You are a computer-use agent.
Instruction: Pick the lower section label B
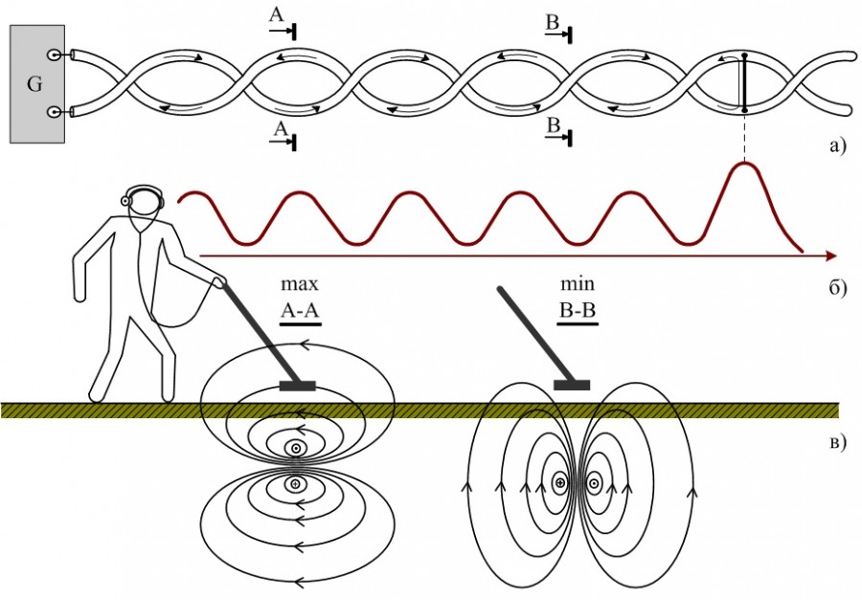coord(553,125)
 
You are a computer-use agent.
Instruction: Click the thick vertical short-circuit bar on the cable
coord(743,83)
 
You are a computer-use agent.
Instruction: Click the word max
coord(299,284)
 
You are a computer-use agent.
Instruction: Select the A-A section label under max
coord(300,310)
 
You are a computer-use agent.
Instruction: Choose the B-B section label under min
coord(577,310)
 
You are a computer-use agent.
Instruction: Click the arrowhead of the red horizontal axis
coord(830,256)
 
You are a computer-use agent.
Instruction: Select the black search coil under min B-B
coord(572,385)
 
